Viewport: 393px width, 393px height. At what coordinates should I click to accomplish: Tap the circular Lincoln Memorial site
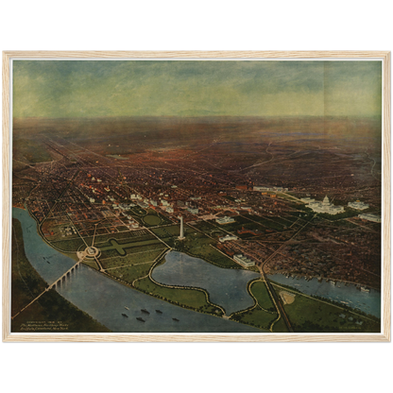90,252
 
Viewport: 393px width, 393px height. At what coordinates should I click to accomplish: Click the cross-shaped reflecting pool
123,247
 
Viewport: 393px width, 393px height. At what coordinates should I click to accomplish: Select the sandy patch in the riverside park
288,298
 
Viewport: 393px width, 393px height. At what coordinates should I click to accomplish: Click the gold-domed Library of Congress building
358,205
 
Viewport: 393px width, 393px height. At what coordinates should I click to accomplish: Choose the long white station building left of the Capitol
274,189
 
